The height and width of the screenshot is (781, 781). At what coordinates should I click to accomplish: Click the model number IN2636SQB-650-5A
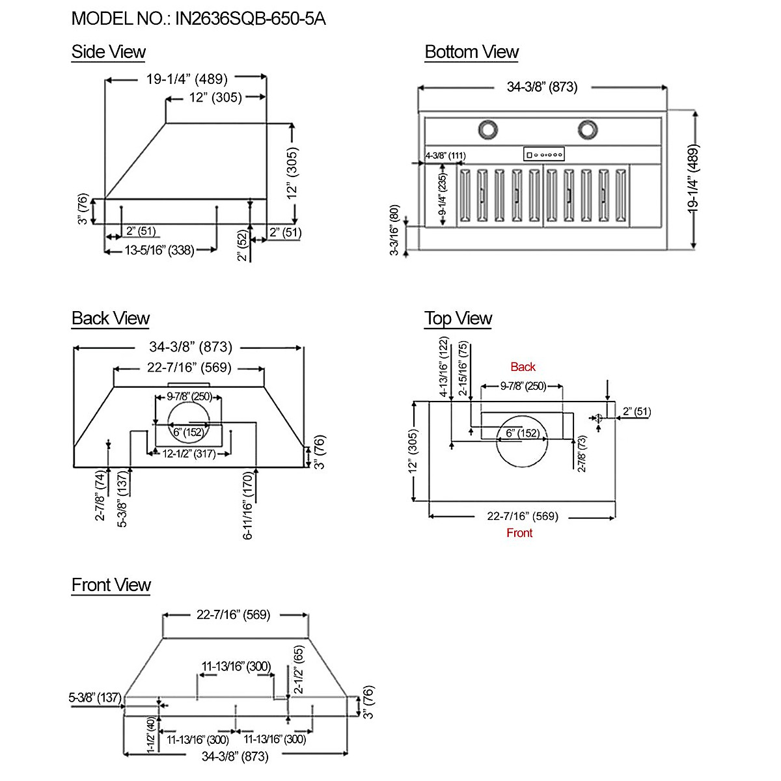click(x=250, y=19)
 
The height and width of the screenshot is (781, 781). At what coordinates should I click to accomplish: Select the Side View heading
click(x=108, y=52)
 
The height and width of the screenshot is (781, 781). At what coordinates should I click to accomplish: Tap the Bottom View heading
click(x=471, y=52)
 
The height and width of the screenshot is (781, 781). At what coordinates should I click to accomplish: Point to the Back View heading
click(x=111, y=318)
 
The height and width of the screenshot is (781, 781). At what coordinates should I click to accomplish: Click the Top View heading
click(x=458, y=318)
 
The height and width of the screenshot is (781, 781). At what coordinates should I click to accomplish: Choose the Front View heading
click(x=111, y=585)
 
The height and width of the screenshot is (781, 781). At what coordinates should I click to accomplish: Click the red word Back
click(x=523, y=367)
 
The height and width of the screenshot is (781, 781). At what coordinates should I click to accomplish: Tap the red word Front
click(x=519, y=532)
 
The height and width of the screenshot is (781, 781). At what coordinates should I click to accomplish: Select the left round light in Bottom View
click(x=488, y=130)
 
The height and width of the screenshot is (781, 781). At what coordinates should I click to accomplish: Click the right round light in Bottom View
click(x=587, y=130)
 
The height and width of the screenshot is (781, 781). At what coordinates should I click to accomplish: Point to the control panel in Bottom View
click(x=544, y=154)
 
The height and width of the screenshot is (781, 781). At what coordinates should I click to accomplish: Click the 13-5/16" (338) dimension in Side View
click(x=159, y=251)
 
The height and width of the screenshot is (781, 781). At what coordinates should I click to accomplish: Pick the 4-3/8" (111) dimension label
click(x=445, y=156)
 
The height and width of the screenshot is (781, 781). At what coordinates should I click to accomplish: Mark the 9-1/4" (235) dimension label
click(x=443, y=194)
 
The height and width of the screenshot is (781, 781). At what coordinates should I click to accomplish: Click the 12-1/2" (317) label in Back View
click(x=189, y=454)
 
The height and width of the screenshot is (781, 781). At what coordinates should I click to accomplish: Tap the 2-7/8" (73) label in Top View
click(x=582, y=454)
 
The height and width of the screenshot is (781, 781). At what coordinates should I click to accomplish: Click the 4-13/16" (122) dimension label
click(x=445, y=367)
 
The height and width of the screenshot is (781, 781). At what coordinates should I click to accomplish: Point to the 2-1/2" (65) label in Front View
click(x=298, y=669)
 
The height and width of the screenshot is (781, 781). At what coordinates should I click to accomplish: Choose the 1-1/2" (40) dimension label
click(x=151, y=735)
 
